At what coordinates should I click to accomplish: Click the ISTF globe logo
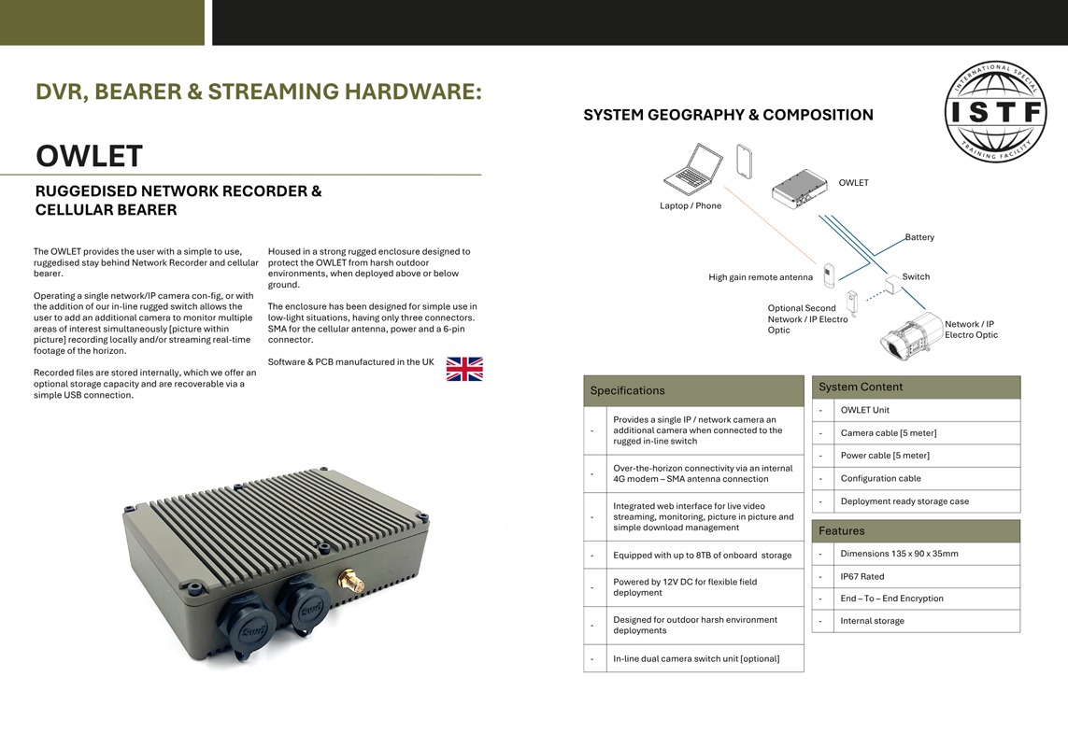tap(996, 111)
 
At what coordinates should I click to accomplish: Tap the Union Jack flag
tap(464, 369)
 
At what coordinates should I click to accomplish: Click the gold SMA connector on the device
tap(350, 580)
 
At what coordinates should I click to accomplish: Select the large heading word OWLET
tap(89, 156)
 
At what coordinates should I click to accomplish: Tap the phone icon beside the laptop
tap(744, 162)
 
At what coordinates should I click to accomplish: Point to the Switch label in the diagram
tap(916, 276)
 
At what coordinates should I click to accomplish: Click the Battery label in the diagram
tap(919, 237)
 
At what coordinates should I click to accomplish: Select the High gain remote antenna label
tap(761, 277)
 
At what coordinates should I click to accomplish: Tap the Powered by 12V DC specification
tap(685, 587)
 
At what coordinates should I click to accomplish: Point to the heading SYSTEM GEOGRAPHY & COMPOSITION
tap(728, 115)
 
